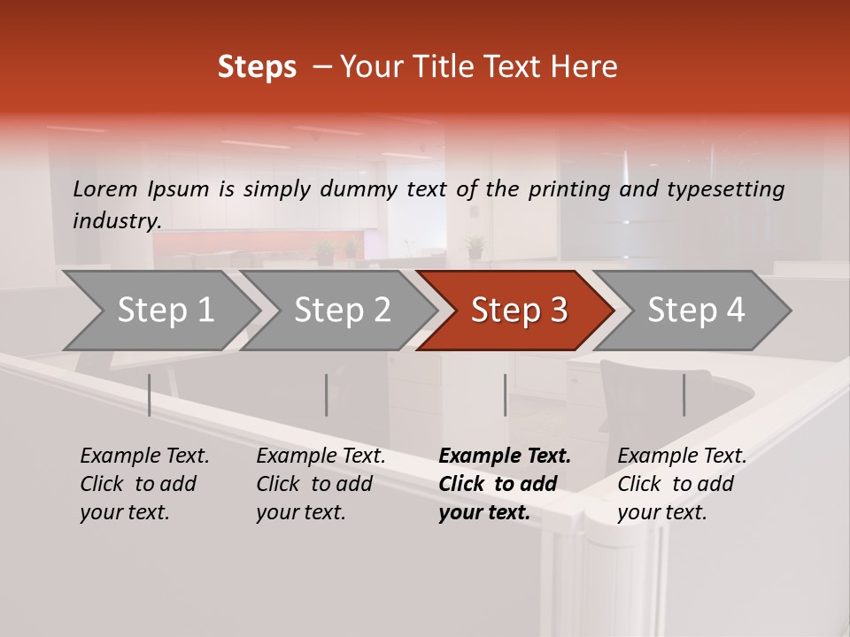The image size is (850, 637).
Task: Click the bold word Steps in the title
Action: click(x=257, y=67)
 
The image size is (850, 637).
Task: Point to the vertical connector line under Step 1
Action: click(x=150, y=395)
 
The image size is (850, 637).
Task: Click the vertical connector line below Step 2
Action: click(x=327, y=395)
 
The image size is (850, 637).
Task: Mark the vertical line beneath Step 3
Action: click(x=506, y=395)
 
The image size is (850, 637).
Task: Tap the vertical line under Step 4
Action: click(x=684, y=395)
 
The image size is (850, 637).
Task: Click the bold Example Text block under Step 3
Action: click(x=505, y=484)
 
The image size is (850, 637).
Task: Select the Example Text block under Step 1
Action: click(x=144, y=484)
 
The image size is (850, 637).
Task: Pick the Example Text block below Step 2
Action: click(x=321, y=484)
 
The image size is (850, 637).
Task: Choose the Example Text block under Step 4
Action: click(x=682, y=484)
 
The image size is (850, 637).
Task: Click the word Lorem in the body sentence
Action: click(x=105, y=188)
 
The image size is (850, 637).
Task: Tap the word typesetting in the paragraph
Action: click(x=725, y=189)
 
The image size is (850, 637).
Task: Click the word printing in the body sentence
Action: click(x=568, y=189)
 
